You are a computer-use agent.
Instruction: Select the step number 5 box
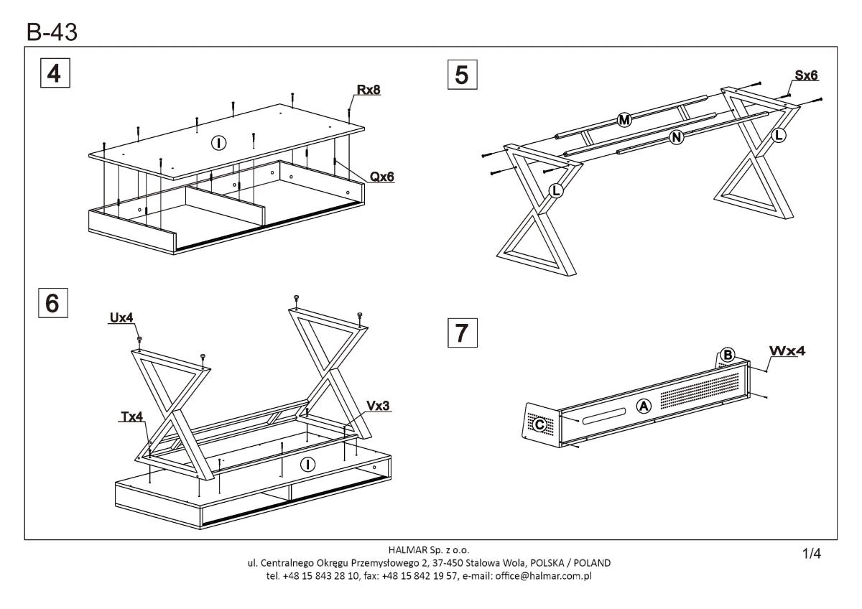(x=461, y=75)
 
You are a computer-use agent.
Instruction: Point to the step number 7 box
(x=462, y=333)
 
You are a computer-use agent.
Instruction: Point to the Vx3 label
(x=379, y=405)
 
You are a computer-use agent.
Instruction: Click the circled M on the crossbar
(x=624, y=121)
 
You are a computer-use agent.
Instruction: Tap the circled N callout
(x=676, y=138)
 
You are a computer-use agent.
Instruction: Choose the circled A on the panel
(x=644, y=406)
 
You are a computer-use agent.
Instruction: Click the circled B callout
(x=727, y=355)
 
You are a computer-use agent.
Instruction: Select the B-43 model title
(x=52, y=32)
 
